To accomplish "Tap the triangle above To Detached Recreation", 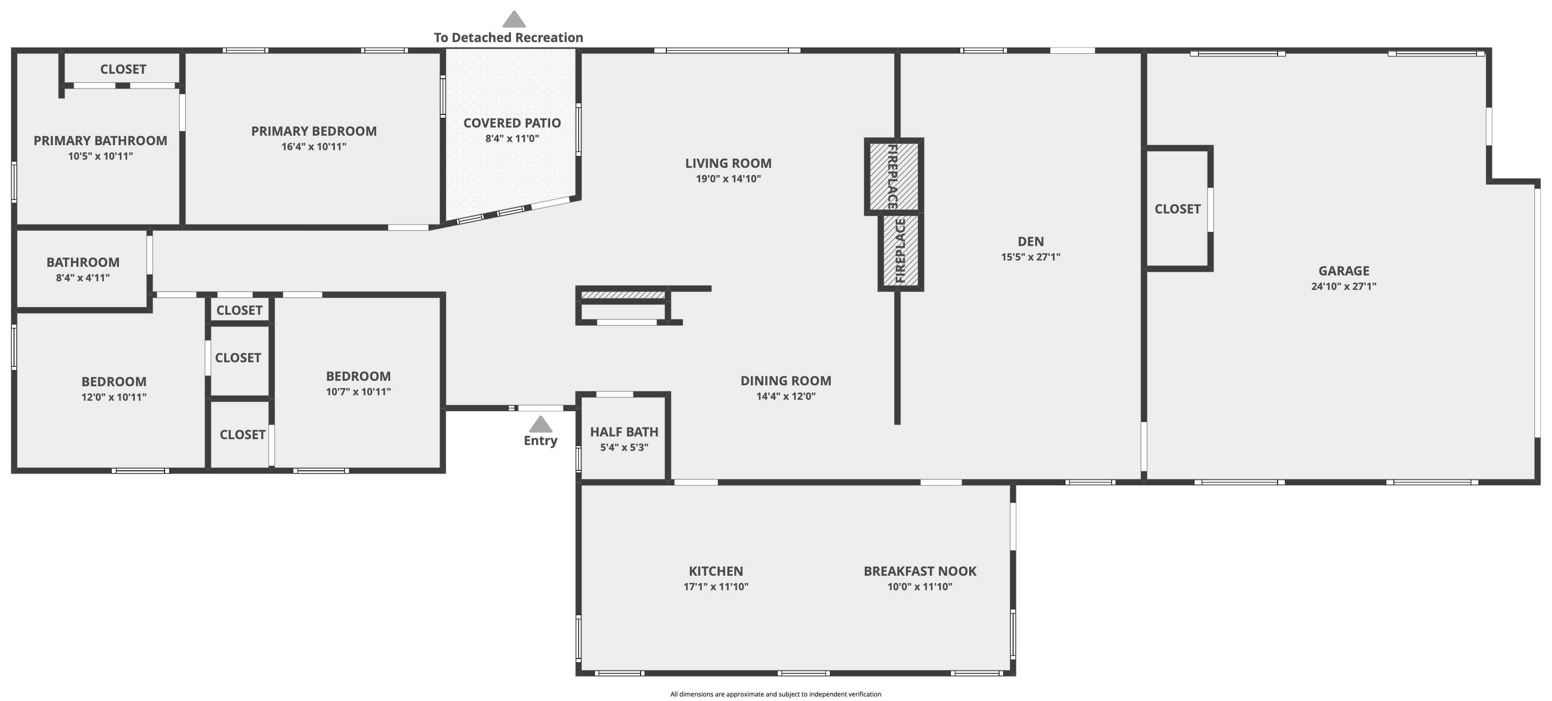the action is coord(514,19).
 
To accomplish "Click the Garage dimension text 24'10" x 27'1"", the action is coord(1344,286).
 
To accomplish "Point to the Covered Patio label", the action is coord(512,123).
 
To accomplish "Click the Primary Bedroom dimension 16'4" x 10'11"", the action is coord(314,147).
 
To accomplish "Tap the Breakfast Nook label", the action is coord(920,571).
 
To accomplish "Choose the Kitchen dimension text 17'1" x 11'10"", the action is coord(716,587).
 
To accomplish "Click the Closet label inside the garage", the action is coord(1177,209).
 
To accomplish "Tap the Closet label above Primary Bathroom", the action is coord(123,69).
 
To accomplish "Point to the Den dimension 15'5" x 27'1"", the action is coord(1031,257).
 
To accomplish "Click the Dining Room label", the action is coord(786,381).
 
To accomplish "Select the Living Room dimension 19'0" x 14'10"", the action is coord(728,178).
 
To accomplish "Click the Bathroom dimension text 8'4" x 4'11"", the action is coord(83,278).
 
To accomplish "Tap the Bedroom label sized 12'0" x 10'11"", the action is coord(114,382).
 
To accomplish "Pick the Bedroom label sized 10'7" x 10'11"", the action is coord(359,376).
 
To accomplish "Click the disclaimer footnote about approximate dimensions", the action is coord(776,694).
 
